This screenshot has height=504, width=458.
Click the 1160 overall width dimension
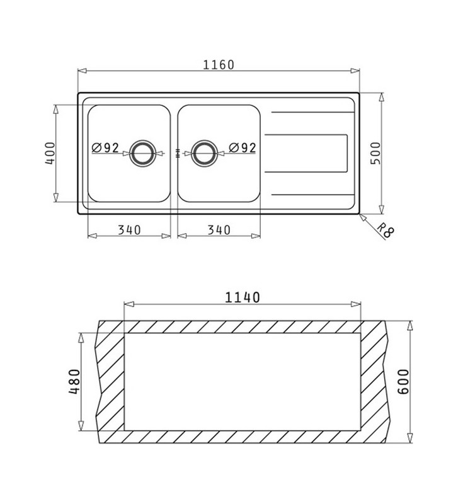click(219, 65)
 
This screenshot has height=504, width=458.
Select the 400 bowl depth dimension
click(51, 153)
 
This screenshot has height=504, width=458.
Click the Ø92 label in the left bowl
click(106, 148)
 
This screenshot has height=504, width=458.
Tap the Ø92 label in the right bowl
click(242, 148)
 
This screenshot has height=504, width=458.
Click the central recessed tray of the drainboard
click(307, 152)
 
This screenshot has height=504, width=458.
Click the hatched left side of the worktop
click(110, 382)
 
